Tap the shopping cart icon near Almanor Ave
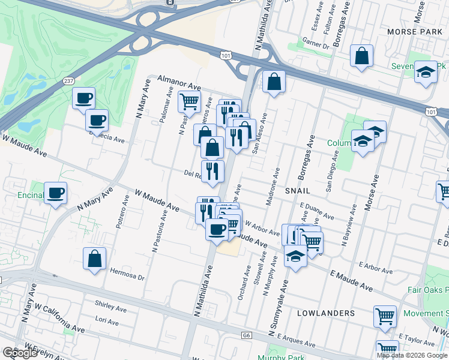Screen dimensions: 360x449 click(189, 102)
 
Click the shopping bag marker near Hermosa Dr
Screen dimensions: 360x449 click(94, 259)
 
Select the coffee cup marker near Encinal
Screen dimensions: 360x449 click(55, 193)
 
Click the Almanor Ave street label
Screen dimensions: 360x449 click(179, 83)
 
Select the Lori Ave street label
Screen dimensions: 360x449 click(106, 322)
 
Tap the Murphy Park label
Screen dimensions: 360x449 click(277, 357)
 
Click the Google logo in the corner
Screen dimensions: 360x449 click(20, 353)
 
